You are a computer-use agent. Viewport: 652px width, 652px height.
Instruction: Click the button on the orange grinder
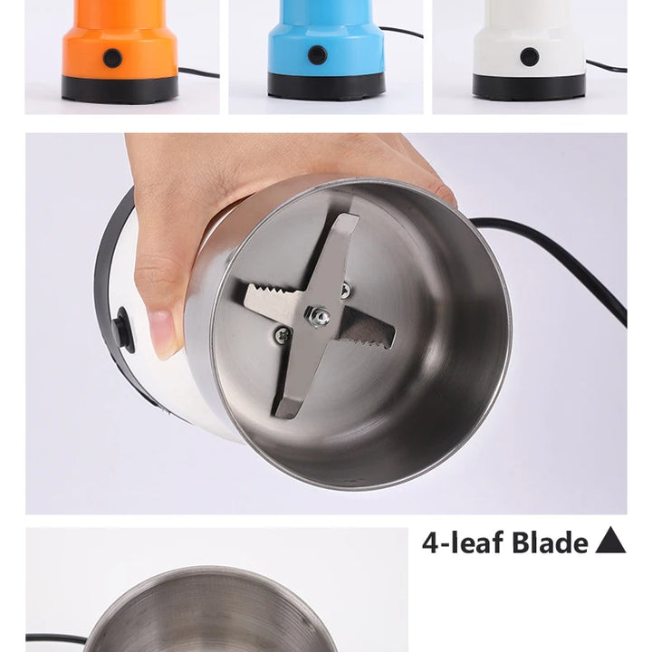click(x=112, y=57)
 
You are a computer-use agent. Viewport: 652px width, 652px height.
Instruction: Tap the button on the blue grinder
click(x=317, y=54)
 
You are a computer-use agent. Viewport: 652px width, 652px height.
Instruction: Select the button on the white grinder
click(x=530, y=56)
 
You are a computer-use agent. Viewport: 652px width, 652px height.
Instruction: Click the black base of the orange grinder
click(x=120, y=89)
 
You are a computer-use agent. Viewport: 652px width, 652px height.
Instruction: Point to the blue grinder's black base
click(x=325, y=87)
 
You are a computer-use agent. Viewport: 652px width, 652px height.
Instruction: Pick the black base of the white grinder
click(x=529, y=88)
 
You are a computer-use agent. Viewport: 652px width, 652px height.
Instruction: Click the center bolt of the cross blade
click(x=320, y=316)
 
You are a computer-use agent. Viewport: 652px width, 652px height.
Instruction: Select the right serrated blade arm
click(x=369, y=331)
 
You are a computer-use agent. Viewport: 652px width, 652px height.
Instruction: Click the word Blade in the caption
click(x=549, y=542)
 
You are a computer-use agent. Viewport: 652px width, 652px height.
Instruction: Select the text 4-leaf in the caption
click(x=462, y=542)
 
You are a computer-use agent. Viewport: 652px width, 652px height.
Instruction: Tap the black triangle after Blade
click(x=610, y=542)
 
